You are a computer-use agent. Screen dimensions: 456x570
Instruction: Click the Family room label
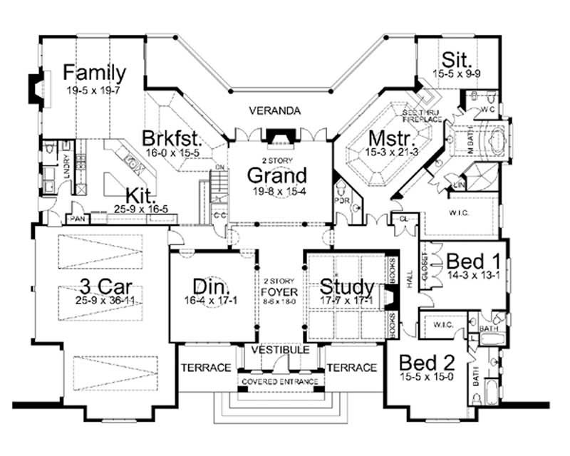point(94,72)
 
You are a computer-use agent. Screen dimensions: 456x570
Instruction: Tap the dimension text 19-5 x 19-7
point(94,90)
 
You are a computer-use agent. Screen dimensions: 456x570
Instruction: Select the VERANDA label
point(274,111)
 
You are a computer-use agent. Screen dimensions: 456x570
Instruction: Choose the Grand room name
point(277,175)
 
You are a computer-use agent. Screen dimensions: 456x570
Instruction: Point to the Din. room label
point(211,287)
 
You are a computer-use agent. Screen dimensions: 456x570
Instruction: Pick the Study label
point(347,287)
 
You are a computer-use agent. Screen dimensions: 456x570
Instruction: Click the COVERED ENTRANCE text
point(279,382)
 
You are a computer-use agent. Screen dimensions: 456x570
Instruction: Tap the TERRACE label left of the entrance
point(205,368)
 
